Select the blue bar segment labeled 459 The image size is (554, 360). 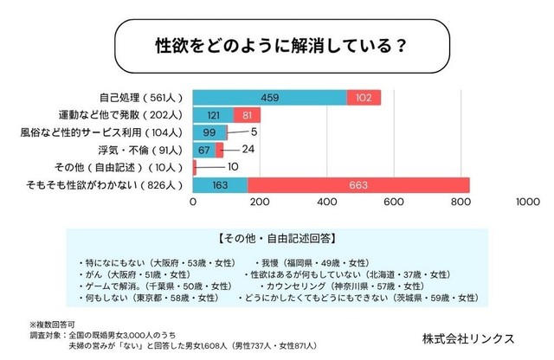pyautogui.click(x=269, y=98)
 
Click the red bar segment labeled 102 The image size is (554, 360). pyautogui.click(x=364, y=98)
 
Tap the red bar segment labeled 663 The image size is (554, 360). pyautogui.click(x=358, y=184)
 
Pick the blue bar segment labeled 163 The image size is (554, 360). pyautogui.click(x=220, y=184)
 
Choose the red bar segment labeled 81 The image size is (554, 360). pyautogui.click(x=247, y=115)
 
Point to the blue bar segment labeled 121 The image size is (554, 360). pyautogui.click(x=212, y=115)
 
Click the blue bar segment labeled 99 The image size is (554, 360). pyautogui.click(x=209, y=132)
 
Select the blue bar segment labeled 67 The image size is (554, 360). pyautogui.click(x=203, y=150)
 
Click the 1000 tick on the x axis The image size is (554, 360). pyautogui.click(x=526, y=202)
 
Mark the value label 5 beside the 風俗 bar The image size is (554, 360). pyautogui.click(x=255, y=132)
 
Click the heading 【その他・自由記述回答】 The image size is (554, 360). pyautogui.click(x=277, y=235)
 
